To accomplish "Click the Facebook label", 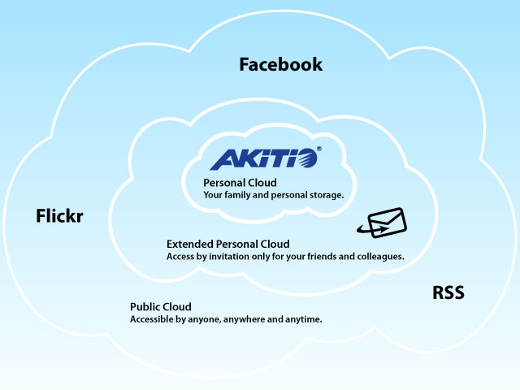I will pos(280,64).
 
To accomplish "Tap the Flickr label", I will pos(60,216).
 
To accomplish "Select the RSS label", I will pos(448,292).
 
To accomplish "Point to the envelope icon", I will pos(386,219).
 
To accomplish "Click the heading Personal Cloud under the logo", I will pos(240,183).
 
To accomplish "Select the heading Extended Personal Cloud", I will pos(227,244).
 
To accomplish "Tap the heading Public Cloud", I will pos(160,307).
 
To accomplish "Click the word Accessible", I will pos(152,319).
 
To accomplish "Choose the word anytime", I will pos(303,319).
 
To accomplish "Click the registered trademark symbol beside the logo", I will pos(318,149).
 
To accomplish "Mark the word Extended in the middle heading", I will pos(187,244).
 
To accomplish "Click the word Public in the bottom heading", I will pos(144,307).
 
